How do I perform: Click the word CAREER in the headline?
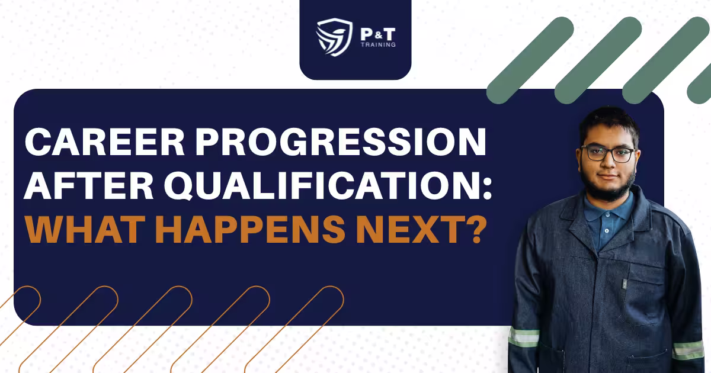click(104, 142)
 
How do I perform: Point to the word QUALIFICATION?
click(321, 185)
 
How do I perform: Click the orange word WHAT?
click(83, 229)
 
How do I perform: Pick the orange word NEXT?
click(408, 229)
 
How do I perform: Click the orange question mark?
click(474, 229)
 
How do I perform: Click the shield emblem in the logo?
click(334, 37)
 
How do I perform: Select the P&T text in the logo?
click(378, 34)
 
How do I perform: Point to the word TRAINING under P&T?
click(378, 45)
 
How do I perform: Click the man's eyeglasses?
click(608, 153)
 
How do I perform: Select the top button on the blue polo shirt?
click(607, 214)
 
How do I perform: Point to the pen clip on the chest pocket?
click(624, 284)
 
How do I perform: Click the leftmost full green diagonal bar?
click(530, 60)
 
